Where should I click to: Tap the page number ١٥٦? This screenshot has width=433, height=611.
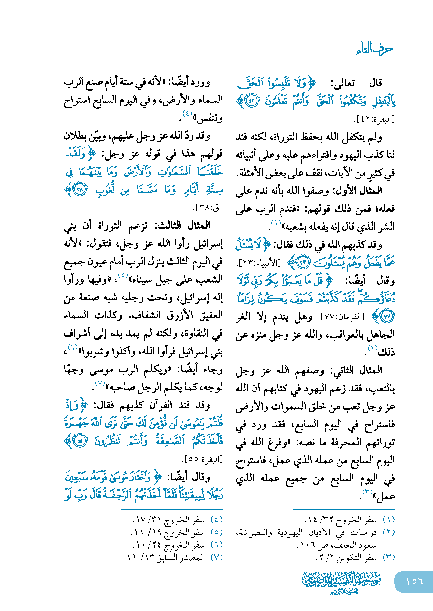coord(414,581)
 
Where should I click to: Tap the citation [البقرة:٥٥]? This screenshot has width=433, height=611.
coord(202,459)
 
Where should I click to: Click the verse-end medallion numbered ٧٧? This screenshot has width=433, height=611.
coord(387,316)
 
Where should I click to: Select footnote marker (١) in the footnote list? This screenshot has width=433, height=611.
coord(388,520)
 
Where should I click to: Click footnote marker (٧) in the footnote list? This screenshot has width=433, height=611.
coord(216,557)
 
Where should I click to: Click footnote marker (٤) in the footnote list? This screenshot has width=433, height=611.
coord(216,520)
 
